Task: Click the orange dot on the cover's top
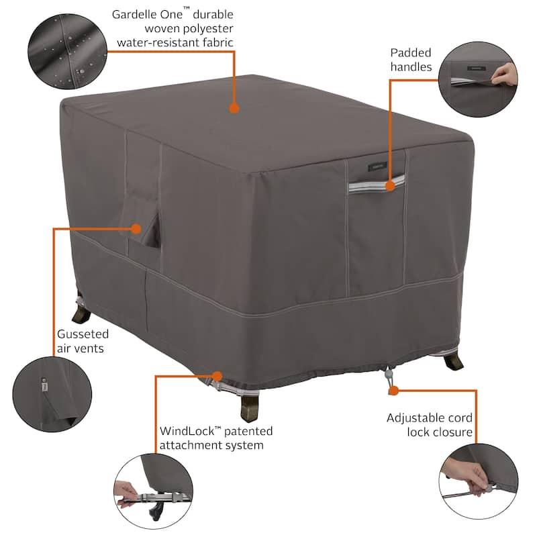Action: [x=234, y=107]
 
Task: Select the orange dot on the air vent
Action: [x=136, y=228]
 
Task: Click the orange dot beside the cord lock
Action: [x=393, y=389]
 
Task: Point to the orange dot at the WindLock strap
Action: [x=217, y=375]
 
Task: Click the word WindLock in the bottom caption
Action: [x=189, y=431]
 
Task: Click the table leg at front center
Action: [x=250, y=406]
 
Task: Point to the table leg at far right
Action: [x=453, y=361]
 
